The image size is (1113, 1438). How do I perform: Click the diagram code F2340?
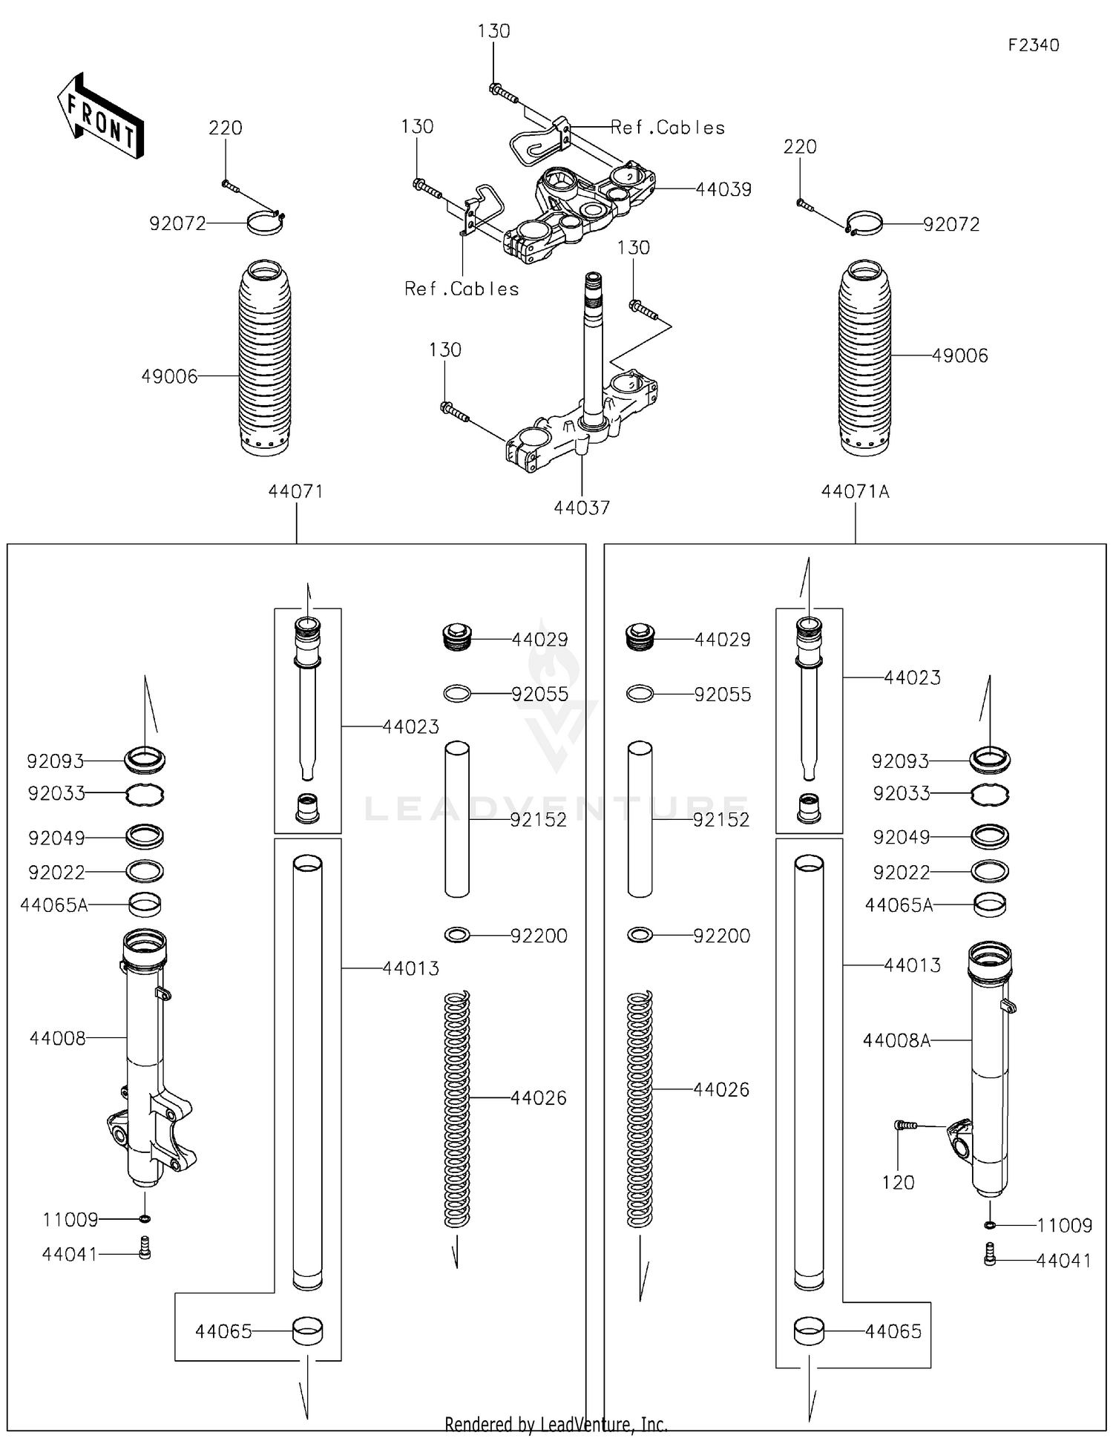coord(1033,45)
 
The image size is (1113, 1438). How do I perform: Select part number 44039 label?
coord(723,190)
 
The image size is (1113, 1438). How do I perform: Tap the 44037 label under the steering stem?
coord(582,508)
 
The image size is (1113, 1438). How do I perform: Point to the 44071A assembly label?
coord(855,492)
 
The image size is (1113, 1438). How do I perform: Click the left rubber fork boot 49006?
coord(265,358)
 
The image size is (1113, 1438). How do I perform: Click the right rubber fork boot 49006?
coord(864,358)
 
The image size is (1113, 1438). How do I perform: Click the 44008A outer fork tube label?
coord(896,1041)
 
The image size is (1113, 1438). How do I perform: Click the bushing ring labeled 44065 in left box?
coord(307,1331)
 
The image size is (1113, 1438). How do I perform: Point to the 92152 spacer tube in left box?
coord(457,819)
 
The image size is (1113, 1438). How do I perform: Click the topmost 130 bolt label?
coord(493,32)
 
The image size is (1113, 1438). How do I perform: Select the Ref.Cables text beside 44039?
coord(667,128)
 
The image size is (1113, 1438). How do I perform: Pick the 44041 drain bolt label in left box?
coord(69,1255)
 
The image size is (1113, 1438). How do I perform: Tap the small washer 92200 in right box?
coord(640,935)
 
